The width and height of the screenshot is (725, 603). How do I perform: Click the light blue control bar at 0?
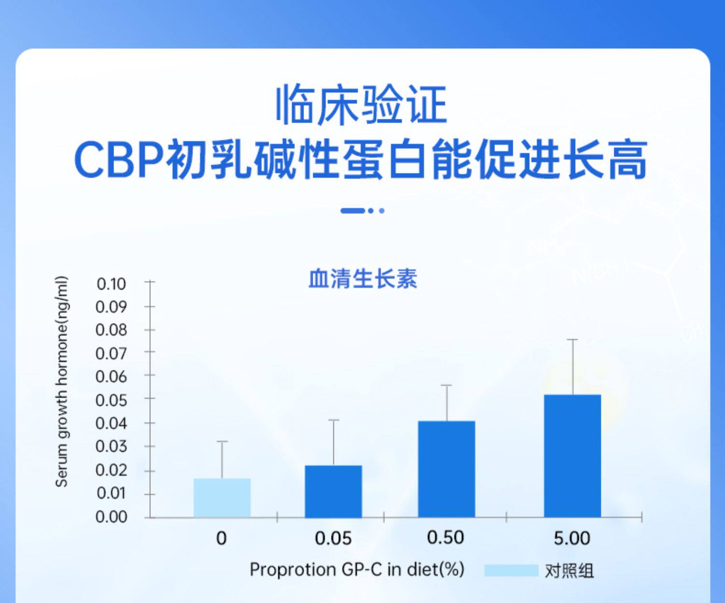coord(222,498)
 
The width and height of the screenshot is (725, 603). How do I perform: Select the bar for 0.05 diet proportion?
coord(333,491)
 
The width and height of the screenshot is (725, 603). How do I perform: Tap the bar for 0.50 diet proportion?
coord(447,469)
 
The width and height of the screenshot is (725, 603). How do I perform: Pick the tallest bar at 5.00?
coord(572,456)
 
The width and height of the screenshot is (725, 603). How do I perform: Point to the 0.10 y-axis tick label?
coord(111,284)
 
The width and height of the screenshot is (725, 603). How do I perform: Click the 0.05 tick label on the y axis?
coord(111,400)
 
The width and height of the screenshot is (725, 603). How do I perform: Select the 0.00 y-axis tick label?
coord(111,517)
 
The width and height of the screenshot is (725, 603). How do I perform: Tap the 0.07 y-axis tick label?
coord(111,353)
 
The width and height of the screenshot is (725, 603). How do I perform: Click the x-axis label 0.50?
coord(446,538)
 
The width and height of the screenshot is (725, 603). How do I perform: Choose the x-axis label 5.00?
coord(572,538)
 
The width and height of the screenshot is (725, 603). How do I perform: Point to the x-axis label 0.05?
coord(333,538)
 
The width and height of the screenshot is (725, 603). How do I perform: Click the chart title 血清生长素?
coord(363,278)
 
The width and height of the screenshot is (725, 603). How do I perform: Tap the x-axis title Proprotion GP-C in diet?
coord(357,570)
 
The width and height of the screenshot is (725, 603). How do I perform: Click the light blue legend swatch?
coord(511,570)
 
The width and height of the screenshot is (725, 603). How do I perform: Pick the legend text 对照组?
coord(569,571)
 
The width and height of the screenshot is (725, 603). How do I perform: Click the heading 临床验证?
coord(362,104)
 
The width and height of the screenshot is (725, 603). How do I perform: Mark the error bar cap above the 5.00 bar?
coord(573,340)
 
